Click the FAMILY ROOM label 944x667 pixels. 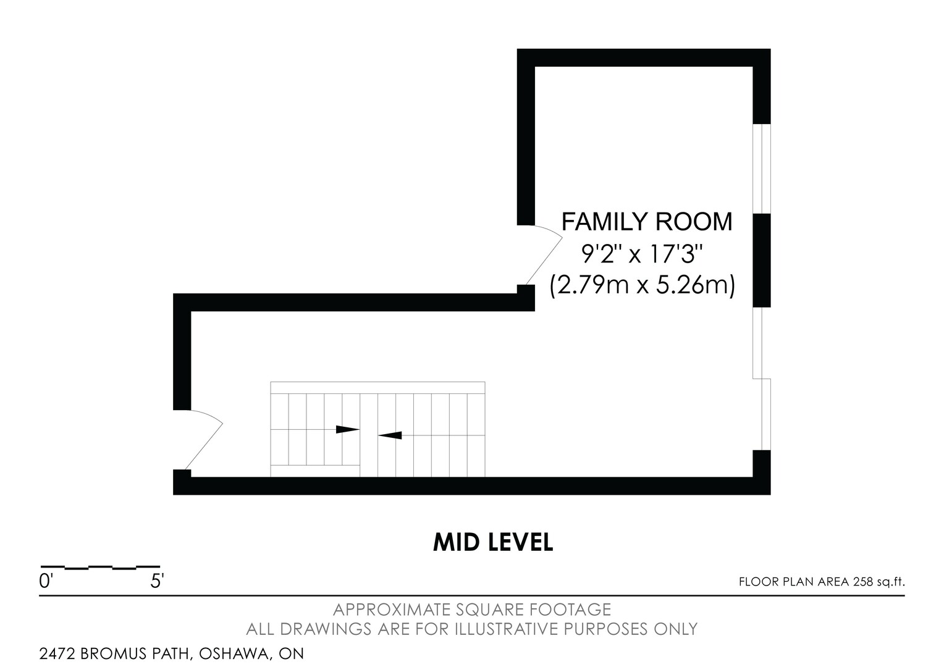pyautogui.click(x=647, y=222)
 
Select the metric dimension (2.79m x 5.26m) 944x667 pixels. pyautogui.click(x=643, y=286)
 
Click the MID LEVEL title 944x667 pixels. pyautogui.click(x=493, y=542)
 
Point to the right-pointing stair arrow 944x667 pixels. pyautogui.click(x=348, y=429)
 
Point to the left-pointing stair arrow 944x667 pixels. pyautogui.click(x=390, y=435)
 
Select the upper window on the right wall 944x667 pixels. pyautogui.click(x=762, y=169)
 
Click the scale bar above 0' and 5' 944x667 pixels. pyautogui.click(x=100, y=568)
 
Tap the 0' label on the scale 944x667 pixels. pyautogui.click(x=44, y=582)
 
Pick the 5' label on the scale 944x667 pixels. pyautogui.click(x=157, y=582)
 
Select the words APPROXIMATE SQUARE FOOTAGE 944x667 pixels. pyautogui.click(x=472, y=610)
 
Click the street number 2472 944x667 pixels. pyautogui.click(x=57, y=653)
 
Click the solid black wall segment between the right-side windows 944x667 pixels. pyautogui.click(x=762, y=261)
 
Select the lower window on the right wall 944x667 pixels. pyautogui.click(x=762, y=379)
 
